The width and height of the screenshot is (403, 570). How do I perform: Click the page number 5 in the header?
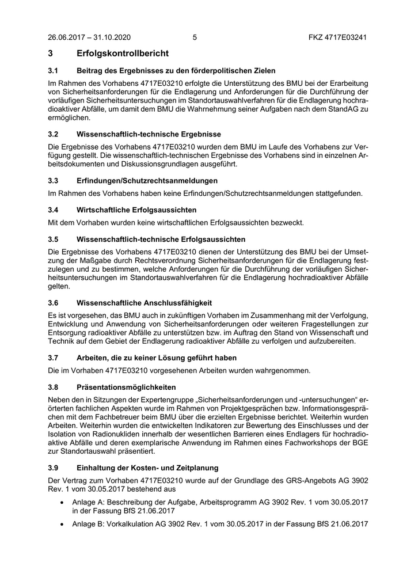pos(195,38)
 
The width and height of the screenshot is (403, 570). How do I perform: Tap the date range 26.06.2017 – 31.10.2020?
pos(89,38)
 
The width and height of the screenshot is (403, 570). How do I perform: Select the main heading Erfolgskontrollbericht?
pos(123,54)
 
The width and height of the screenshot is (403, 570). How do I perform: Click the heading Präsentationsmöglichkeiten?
pos(126,387)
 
